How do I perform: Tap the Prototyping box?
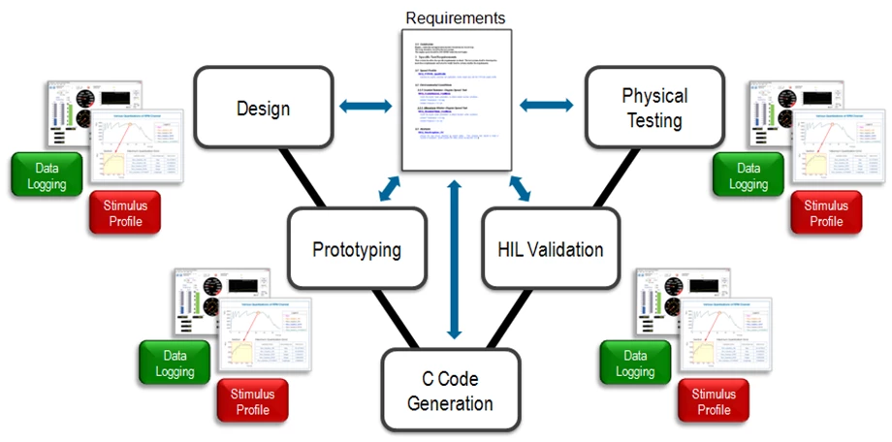point(356,249)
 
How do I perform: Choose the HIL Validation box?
point(550,249)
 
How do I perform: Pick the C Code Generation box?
point(450,391)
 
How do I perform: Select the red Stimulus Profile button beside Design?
point(123,212)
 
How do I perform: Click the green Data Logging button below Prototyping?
point(175,362)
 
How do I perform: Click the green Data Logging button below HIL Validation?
point(636,362)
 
